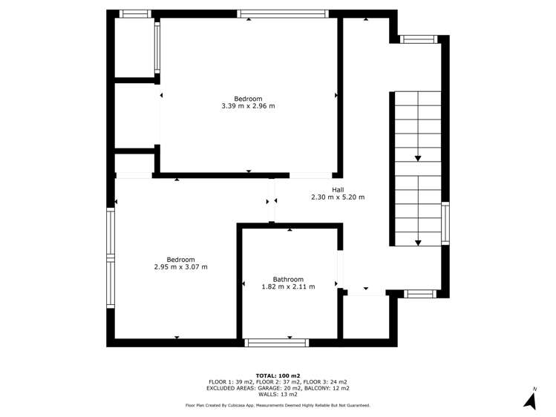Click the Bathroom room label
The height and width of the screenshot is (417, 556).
(x=288, y=279)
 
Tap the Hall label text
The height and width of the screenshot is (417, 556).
(x=338, y=190)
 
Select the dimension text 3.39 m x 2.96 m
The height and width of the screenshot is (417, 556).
(x=248, y=106)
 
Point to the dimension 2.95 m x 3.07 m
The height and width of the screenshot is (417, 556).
(x=181, y=267)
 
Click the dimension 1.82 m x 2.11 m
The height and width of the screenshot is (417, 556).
(x=288, y=286)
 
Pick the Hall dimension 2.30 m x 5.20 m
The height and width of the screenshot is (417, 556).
(x=338, y=197)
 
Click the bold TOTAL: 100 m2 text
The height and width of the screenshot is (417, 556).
(x=278, y=375)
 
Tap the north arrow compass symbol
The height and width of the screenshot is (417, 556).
(x=531, y=401)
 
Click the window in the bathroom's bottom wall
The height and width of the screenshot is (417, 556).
(x=277, y=343)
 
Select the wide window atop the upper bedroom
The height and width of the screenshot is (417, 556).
(x=283, y=14)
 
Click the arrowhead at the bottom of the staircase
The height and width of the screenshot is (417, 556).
(x=418, y=243)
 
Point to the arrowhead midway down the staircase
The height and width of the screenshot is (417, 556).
(x=418, y=158)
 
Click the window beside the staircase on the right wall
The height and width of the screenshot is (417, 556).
(x=445, y=223)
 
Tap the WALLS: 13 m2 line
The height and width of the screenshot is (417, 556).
(x=278, y=394)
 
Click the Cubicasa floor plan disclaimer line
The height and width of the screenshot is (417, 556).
(x=278, y=405)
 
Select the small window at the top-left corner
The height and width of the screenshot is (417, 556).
(x=135, y=14)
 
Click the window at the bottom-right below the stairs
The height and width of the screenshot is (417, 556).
(x=420, y=294)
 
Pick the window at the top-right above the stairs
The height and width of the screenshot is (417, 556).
(x=419, y=39)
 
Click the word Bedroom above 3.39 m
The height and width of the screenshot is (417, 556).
(x=248, y=99)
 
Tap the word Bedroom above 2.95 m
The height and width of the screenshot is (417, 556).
(x=181, y=260)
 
